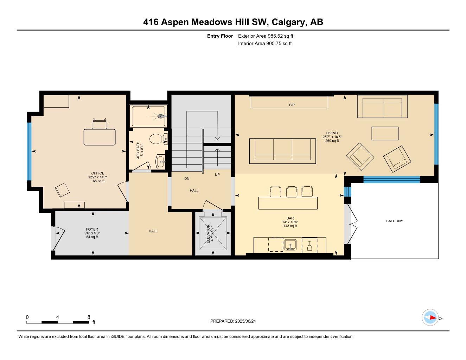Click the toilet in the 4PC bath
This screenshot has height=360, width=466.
click(157, 139)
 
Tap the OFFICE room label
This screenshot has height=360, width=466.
click(97, 173)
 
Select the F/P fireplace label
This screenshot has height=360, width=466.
click(292, 105)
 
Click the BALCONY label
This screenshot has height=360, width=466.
click(394, 221)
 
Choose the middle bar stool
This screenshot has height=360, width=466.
click(292, 192)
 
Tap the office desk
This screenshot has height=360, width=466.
click(99, 137)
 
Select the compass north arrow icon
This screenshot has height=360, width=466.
click(430, 317)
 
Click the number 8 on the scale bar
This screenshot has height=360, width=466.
click(89, 317)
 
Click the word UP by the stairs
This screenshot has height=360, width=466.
click(217, 174)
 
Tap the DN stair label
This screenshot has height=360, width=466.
click(187, 179)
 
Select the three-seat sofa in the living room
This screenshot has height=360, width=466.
click(282, 151)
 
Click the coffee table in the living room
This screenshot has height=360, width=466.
click(385, 133)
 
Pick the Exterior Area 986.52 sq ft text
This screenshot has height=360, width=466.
click(266, 36)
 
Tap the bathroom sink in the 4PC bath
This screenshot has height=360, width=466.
click(160, 162)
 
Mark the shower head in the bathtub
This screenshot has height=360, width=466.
click(161, 116)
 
